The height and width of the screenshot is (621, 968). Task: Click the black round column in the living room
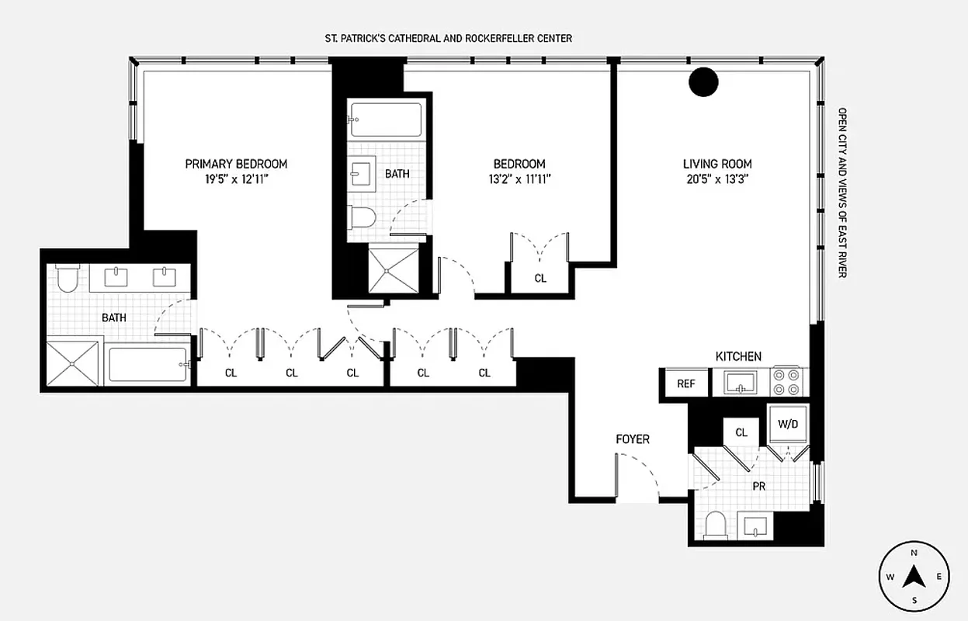[x=704, y=82]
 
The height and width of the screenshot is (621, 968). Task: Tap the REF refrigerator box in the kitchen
[x=685, y=383]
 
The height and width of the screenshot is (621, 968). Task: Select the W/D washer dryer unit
[x=787, y=425]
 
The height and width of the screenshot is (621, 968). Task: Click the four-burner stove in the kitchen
[x=789, y=382]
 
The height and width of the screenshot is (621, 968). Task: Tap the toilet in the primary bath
[x=67, y=278]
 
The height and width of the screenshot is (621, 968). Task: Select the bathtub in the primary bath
[x=147, y=364]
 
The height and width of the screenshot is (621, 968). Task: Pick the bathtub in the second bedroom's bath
[x=386, y=120]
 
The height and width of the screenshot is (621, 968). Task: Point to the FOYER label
[x=633, y=439]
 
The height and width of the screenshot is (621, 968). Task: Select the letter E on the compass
[x=939, y=577]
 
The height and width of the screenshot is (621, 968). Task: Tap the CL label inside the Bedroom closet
[x=540, y=278]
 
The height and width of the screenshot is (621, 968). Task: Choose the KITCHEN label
[x=738, y=356]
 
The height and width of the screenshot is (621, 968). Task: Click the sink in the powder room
[x=755, y=526]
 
